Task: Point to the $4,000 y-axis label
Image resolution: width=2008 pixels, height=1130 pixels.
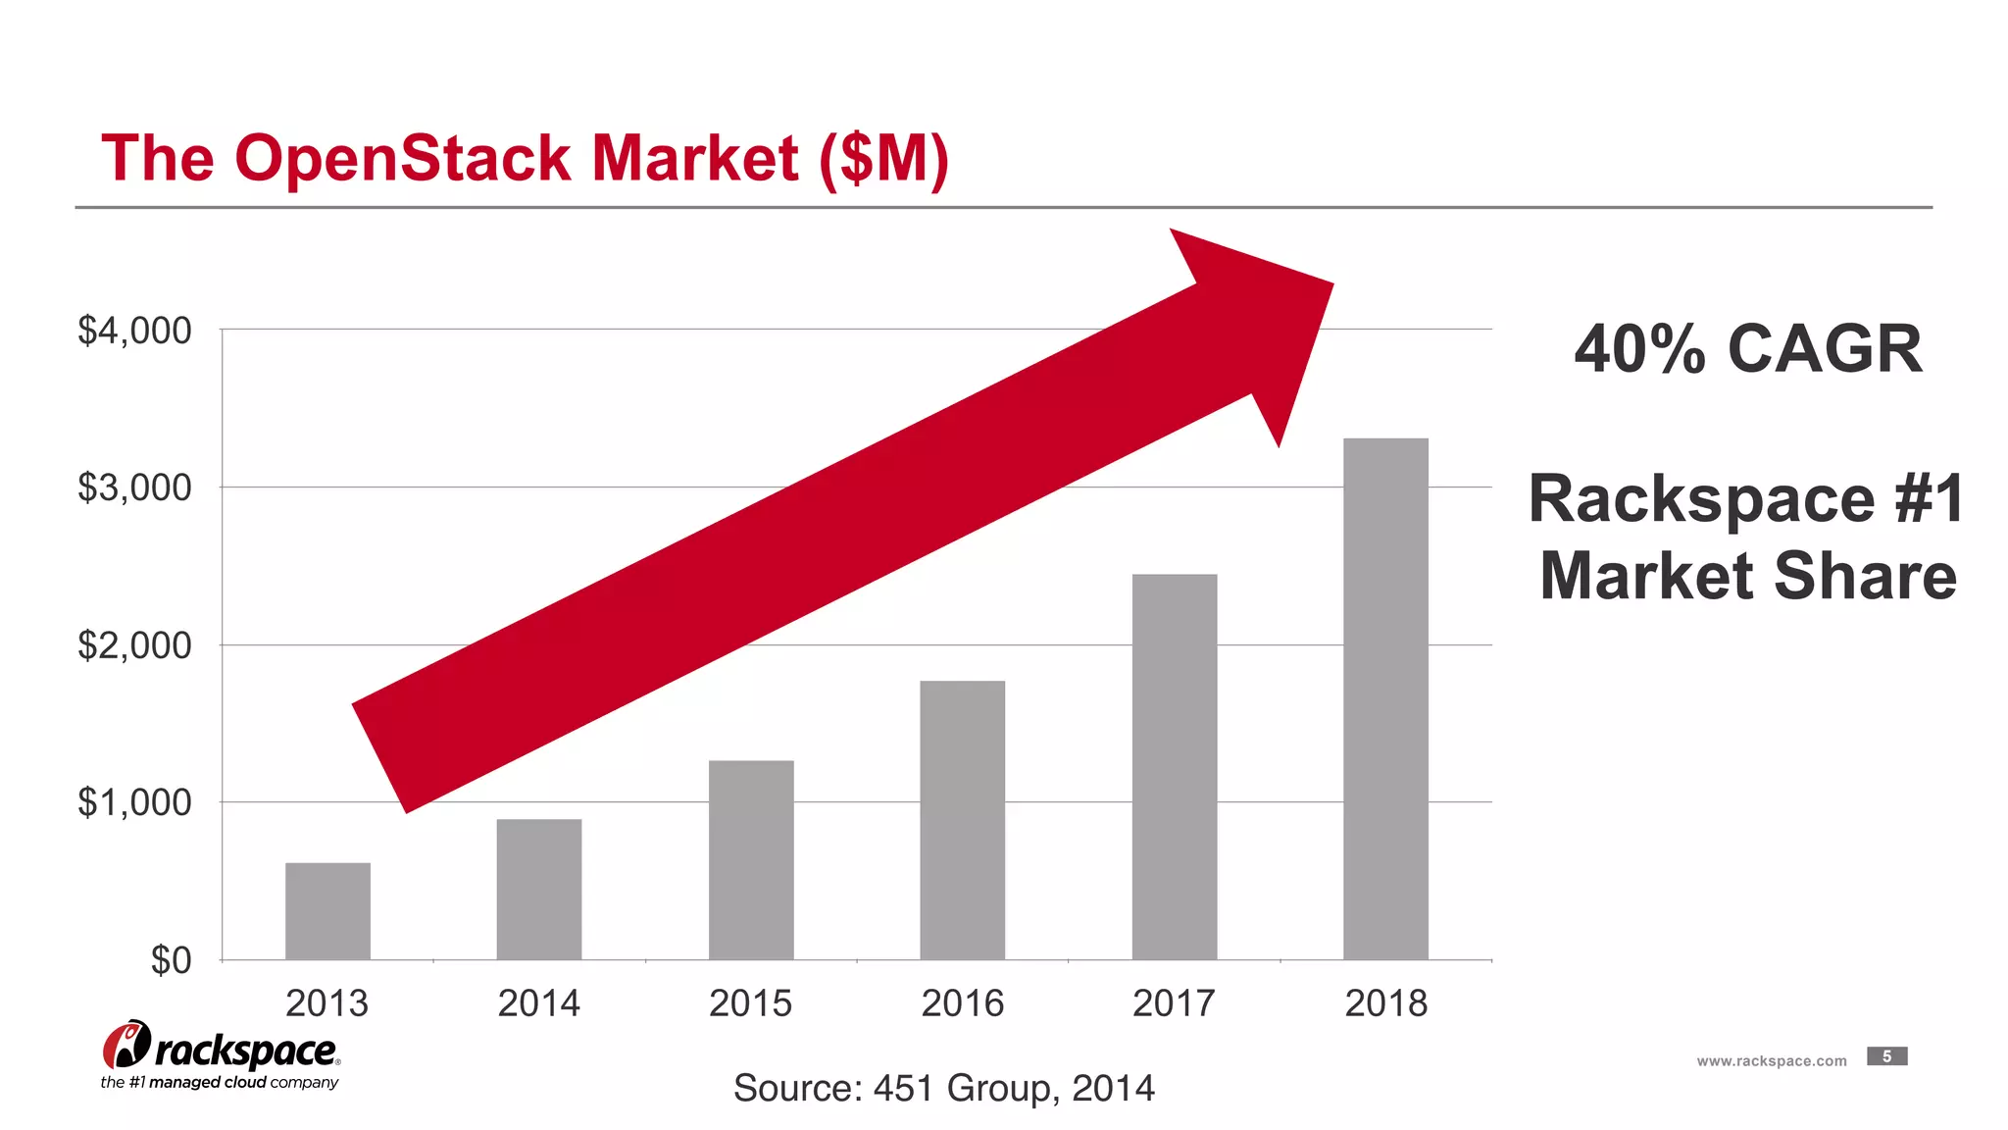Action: [x=134, y=331]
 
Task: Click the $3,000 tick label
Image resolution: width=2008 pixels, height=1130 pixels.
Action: [x=134, y=488]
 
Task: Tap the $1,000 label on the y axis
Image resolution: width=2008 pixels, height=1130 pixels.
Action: [x=134, y=802]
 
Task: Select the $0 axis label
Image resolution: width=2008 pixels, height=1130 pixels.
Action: [x=171, y=960]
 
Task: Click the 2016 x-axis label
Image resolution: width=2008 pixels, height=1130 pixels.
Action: [x=962, y=1003]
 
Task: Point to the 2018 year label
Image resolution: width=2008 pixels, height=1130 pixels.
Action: [x=1385, y=1003]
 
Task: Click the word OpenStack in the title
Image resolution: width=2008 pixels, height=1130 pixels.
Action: [x=402, y=158]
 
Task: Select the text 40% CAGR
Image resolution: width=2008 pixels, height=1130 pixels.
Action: [x=1747, y=349]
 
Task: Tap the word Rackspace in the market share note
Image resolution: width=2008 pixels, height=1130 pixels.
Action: [x=1701, y=499]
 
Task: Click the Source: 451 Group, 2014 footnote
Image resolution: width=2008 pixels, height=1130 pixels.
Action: [x=943, y=1088]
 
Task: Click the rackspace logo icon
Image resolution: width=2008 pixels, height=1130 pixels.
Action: [x=126, y=1046]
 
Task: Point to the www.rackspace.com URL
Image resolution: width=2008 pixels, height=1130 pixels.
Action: [x=1771, y=1061]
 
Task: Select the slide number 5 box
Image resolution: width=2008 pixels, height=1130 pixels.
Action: [x=1886, y=1056]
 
